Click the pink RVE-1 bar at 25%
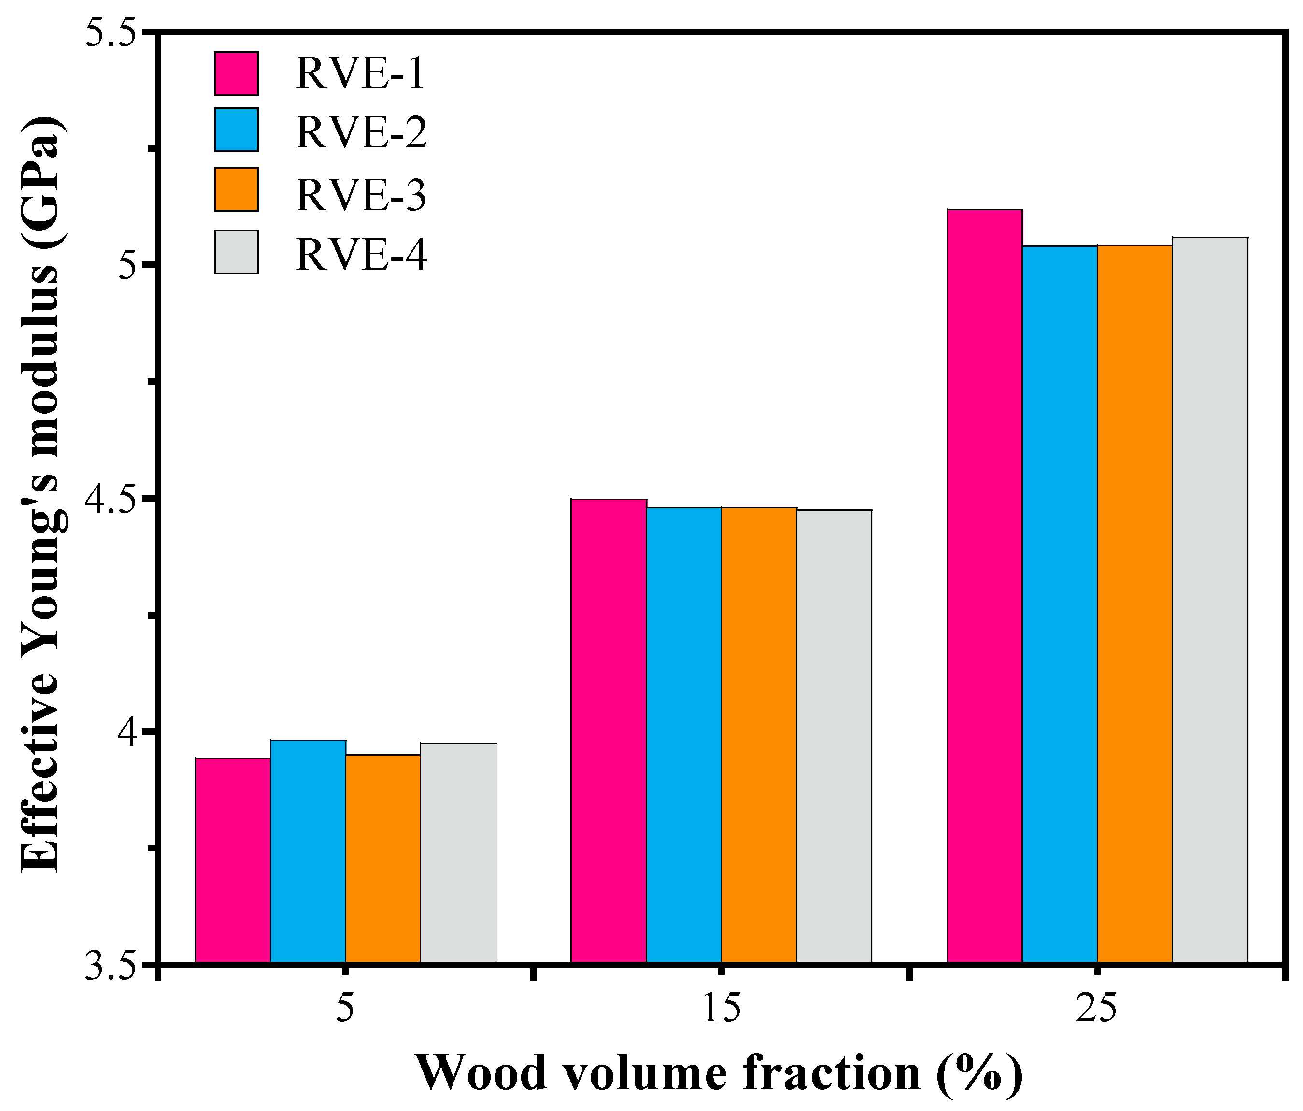tap(985, 585)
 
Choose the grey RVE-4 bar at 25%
tap(1210, 598)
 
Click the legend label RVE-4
tap(362, 254)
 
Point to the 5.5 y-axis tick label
tap(110, 33)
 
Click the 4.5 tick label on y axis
tap(110, 500)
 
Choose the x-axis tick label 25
tap(1097, 1009)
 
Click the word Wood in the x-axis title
tap(481, 1073)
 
